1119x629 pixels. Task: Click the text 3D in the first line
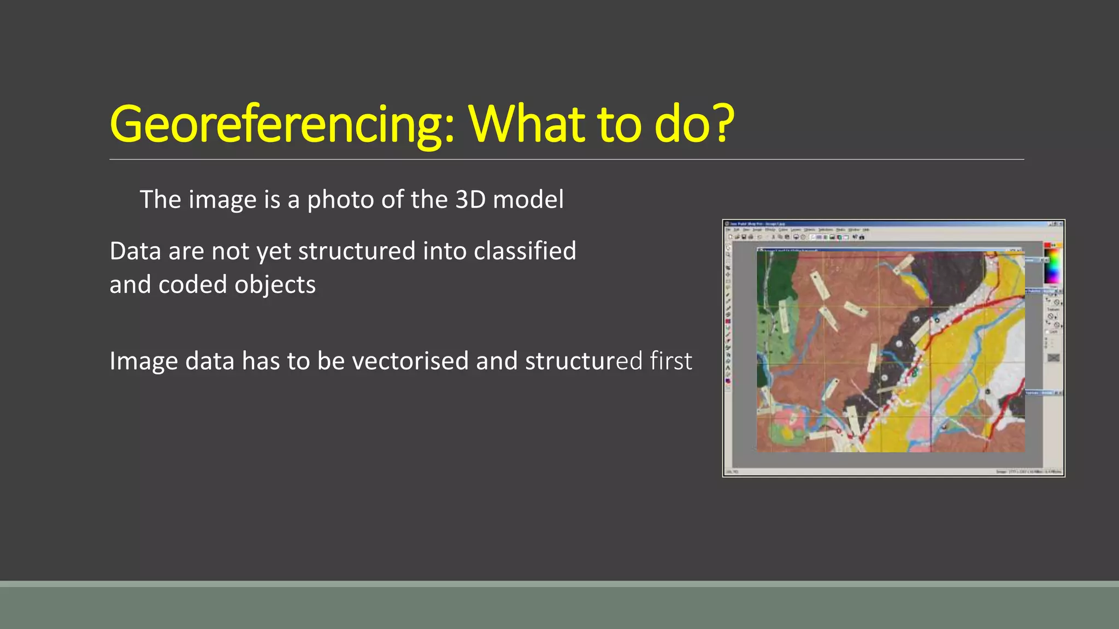tap(470, 199)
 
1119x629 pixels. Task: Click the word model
tap(528, 199)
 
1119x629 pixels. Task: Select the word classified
tap(525, 251)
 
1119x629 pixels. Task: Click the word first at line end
tap(670, 361)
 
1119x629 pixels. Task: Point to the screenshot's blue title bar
tap(891, 224)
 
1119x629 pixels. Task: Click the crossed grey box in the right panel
tap(1053, 358)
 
